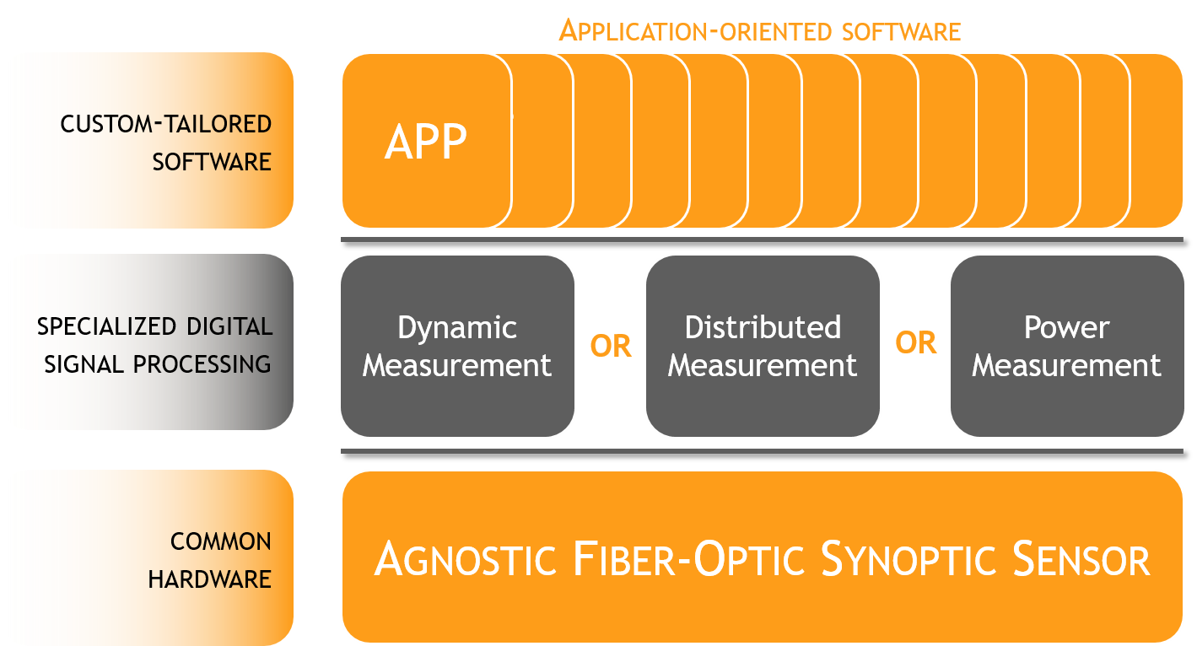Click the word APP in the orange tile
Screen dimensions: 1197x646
pyautogui.click(x=425, y=142)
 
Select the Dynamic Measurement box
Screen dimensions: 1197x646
pyautogui.click(x=457, y=346)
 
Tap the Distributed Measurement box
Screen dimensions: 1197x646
pyautogui.click(x=763, y=346)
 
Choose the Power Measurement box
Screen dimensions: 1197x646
pyautogui.click(x=1067, y=346)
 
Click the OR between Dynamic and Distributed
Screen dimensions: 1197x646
pyautogui.click(x=610, y=347)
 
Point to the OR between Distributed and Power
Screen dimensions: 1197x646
pyautogui.click(x=915, y=342)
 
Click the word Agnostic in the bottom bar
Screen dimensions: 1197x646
pyautogui.click(x=466, y=559)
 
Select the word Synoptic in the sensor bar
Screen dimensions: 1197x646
pyautogui.click(x=909, y=559)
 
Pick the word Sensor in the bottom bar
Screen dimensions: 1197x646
pyautogui.click(x=1081, y=559)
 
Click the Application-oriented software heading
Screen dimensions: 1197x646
pyautogui.click(x=760, y=31)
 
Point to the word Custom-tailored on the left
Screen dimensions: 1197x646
pyautogui.click(x=165, y=124)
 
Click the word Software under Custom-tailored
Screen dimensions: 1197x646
pyautogui.click(x=212, y=162)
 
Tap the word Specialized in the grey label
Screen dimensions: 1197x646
pyautogui.click(x=106, y=326)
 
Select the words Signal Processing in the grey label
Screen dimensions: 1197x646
pyautogui.click(x=158, y=364)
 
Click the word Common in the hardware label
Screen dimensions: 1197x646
pyautogui.click(x=221, y=541)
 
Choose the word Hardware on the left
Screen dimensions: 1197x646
pyautogui.click(x=209, y=579)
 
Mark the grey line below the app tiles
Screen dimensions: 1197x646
pyautogui.click(x=762, y=240)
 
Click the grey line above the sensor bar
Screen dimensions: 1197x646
pyautogui.click(x=762, y=451)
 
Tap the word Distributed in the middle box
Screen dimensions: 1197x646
pyautogui.click(x=763, y=327)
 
